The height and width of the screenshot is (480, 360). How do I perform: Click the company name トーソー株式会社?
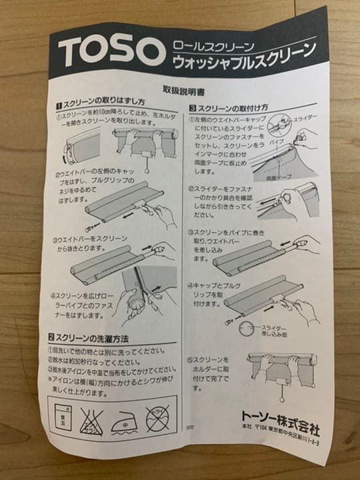280,423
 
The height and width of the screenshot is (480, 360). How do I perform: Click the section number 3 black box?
192,107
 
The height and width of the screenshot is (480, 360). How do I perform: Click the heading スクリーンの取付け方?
233,107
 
